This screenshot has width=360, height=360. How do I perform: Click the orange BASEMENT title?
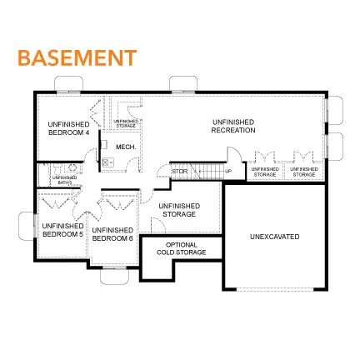pos(77,57)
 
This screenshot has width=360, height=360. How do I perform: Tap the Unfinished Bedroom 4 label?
pos(68,127)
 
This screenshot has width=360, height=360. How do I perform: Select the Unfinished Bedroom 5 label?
pos(62,228)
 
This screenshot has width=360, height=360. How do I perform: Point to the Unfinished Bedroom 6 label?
pos(112,233)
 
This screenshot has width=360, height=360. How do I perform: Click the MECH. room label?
pos(125,147)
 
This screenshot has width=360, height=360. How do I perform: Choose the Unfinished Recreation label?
pos(232,126)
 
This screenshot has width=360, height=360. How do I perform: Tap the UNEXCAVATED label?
pos(274,237)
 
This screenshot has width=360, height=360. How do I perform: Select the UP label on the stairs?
pos(228,172)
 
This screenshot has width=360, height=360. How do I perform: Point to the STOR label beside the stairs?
pos(179,172)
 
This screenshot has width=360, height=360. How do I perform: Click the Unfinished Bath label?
pos(64,177)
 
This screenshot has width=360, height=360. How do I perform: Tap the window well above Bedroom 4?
pos(67,85)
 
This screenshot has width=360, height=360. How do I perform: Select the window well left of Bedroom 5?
pos(27,226)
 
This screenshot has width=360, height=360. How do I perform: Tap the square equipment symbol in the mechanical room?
pos(107,162)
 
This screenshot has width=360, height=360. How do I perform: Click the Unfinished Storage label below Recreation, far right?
pos(303,172)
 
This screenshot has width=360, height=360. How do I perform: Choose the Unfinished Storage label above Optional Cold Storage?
pos(177,210)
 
